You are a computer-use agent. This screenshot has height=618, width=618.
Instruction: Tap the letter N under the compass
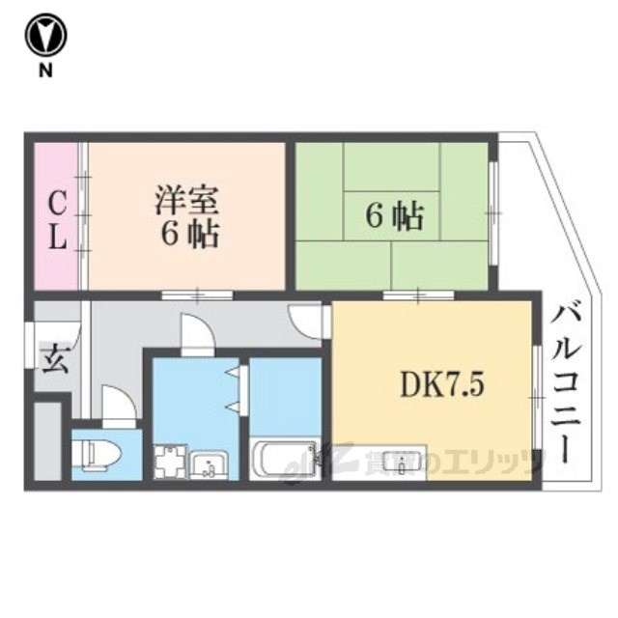45,70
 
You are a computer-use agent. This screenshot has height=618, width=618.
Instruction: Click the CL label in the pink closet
58,220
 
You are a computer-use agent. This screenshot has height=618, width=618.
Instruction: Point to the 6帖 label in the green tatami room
394,217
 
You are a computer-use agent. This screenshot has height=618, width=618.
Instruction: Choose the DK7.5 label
435,385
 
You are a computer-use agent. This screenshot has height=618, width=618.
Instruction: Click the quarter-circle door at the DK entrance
309,319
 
